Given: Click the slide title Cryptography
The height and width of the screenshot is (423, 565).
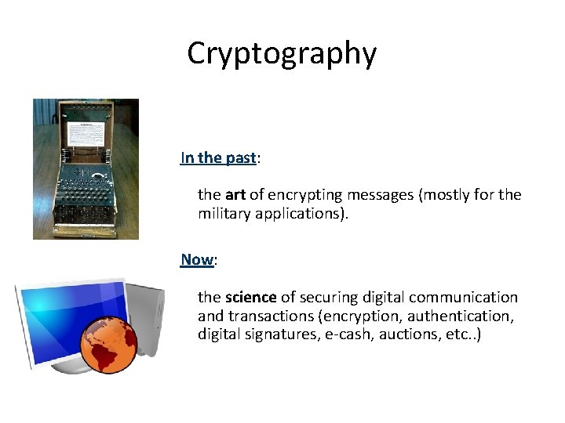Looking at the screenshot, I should [282, 53].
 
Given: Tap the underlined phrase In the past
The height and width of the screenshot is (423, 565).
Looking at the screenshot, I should [218, 157].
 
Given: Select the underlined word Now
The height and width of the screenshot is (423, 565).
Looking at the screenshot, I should [197, 259].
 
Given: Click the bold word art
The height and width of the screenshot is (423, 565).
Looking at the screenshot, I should [235, 194].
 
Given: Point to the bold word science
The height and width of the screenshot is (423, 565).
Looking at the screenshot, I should [250, 298].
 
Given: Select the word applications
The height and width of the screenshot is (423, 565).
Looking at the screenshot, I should [301, 214].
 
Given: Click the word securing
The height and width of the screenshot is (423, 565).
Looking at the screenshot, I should [327, 298].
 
